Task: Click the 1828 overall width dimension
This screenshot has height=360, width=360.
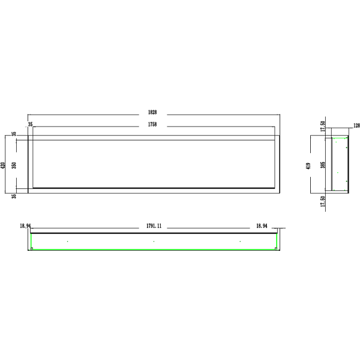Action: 152,112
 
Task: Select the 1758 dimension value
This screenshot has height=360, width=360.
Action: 152,124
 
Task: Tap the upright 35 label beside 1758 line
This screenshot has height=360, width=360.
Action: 31,124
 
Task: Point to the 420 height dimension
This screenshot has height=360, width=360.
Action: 3,166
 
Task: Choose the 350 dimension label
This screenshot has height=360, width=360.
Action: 14,166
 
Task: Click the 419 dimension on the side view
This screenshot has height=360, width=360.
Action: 308,166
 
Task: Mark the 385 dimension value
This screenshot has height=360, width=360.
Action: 323,165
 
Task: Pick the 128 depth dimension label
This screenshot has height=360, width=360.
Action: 357,125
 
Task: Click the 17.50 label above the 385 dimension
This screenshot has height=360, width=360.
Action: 323,126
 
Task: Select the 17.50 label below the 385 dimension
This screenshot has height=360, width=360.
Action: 323,201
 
